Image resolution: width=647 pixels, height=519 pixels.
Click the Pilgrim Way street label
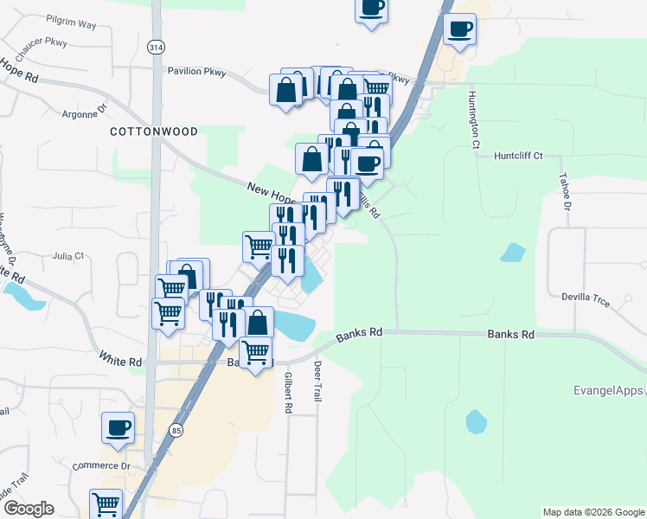(72, 24)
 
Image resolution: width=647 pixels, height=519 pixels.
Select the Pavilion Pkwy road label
(196, 73)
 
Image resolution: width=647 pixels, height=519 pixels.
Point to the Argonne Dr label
(84, 112)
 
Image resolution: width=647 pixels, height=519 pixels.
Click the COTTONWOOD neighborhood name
(154, 131)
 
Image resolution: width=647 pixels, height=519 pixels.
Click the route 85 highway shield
(177, 429)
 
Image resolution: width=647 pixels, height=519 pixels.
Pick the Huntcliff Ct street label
(518, 156)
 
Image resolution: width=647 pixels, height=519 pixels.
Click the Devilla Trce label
(586, 298)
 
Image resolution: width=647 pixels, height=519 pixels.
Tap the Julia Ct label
(67, 256)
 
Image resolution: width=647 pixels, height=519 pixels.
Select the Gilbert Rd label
(288, 392)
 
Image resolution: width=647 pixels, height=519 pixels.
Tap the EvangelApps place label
(610, 390)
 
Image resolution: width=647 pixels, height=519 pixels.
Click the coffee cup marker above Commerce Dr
(119, 426)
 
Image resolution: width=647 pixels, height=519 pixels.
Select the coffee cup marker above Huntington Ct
(459, 29)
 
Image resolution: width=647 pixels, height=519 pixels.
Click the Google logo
(28, 509)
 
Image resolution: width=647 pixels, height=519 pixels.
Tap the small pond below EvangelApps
(476, 421)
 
